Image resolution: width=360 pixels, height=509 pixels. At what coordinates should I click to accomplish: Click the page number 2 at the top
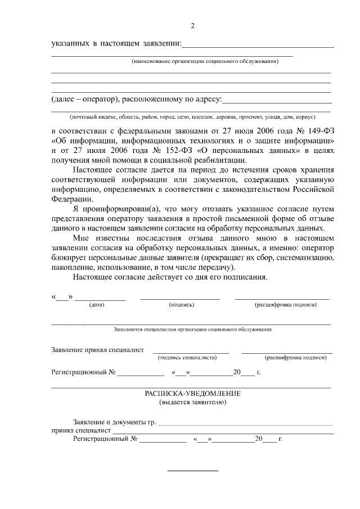pos(192,25)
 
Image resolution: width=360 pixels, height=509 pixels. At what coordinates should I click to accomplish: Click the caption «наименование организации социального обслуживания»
pos(205,61)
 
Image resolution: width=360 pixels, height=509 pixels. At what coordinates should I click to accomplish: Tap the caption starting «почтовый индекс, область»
pos(192,117)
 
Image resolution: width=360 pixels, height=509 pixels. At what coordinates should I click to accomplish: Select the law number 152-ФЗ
pos(183,151)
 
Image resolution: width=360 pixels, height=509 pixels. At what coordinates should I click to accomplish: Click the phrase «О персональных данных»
pos(252,151)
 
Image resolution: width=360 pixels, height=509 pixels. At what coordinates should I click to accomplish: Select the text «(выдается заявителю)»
pos(192,403)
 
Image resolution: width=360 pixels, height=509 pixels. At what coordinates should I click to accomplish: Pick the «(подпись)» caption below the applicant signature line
pos(181,304)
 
